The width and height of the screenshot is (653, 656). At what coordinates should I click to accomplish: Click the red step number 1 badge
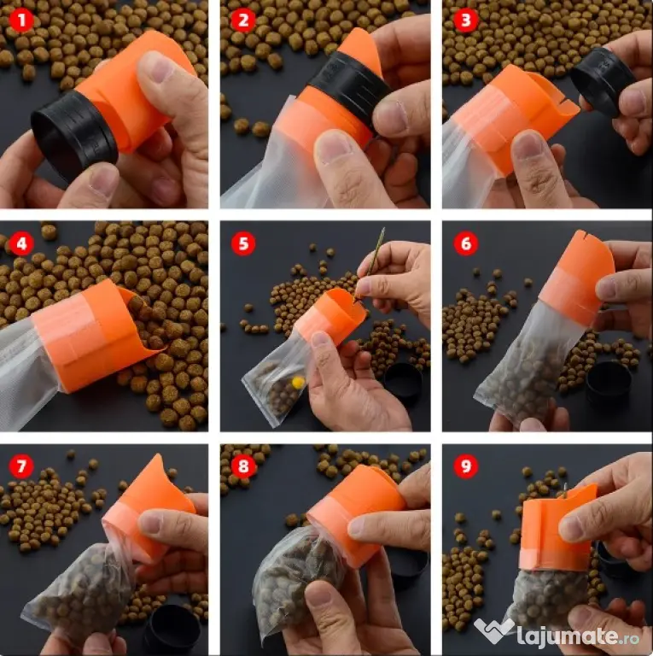click(20, 20)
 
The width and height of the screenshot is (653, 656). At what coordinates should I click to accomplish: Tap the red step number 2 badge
click(243, 20)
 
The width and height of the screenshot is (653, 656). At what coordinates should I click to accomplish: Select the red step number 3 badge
click(466, 20)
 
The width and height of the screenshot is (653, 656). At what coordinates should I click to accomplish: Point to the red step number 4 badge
click(20, 243)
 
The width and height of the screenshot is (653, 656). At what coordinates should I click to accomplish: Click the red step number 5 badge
click(243, 243)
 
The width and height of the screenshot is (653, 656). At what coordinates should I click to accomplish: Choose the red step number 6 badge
click(466, 243)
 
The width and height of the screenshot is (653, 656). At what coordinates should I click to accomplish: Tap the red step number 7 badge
click(20, 466)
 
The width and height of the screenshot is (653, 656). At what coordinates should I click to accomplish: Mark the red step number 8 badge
click(243, 466)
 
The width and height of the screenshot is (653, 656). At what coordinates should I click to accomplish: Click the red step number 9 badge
click(466, 466)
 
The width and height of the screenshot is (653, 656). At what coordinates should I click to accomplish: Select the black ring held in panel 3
click(602, 79)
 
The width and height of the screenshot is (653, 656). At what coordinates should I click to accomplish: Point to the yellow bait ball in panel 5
click(298, 382)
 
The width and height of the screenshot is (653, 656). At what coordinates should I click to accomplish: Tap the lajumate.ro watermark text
click(578, 635)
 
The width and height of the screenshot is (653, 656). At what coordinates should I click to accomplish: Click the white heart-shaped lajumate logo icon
click(493, 630)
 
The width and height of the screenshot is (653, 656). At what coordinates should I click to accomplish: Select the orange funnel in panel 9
click(556, 530)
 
